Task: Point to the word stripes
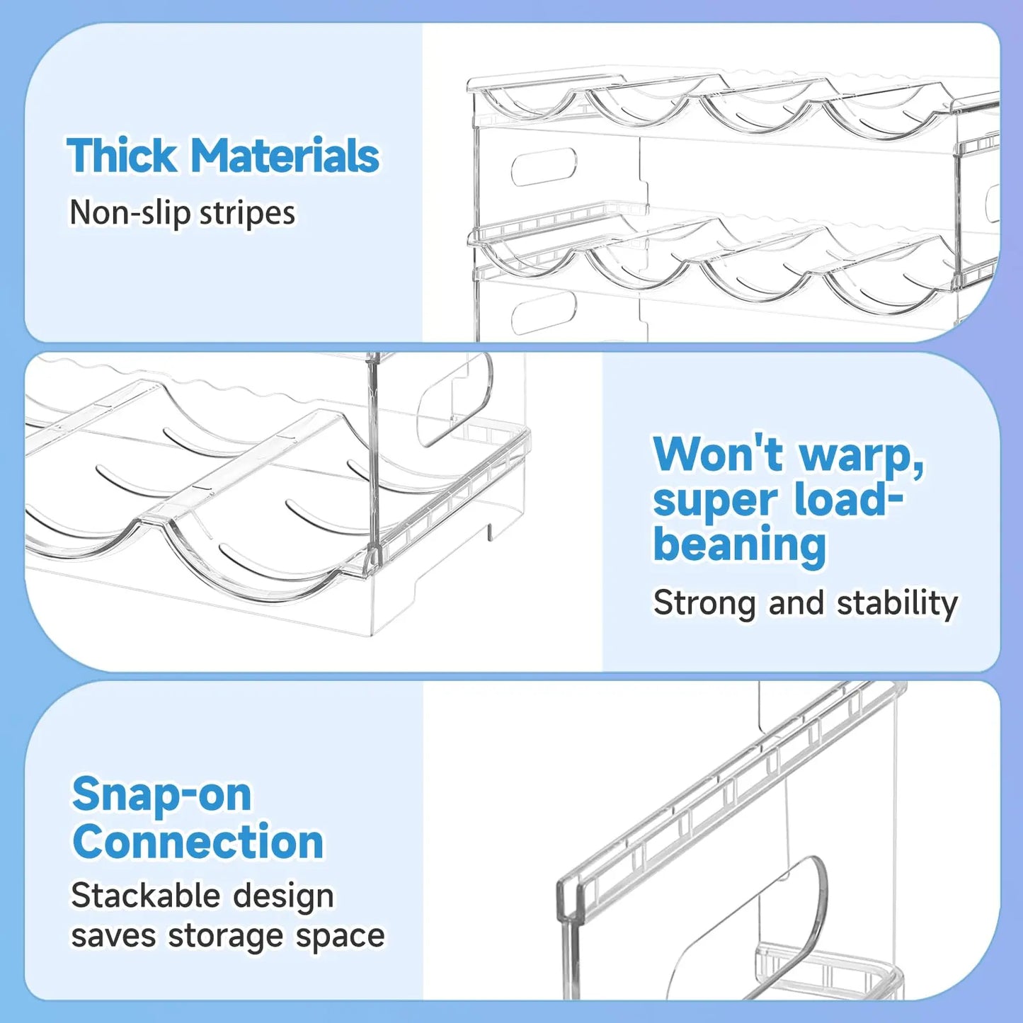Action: [247, 214]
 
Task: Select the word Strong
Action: [705, 603]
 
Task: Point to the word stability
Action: [898, 603]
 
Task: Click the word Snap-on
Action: [162, 795]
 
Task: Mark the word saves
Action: [113, 937]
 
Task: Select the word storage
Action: [226, 938]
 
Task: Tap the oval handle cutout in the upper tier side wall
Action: [544, 166]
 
